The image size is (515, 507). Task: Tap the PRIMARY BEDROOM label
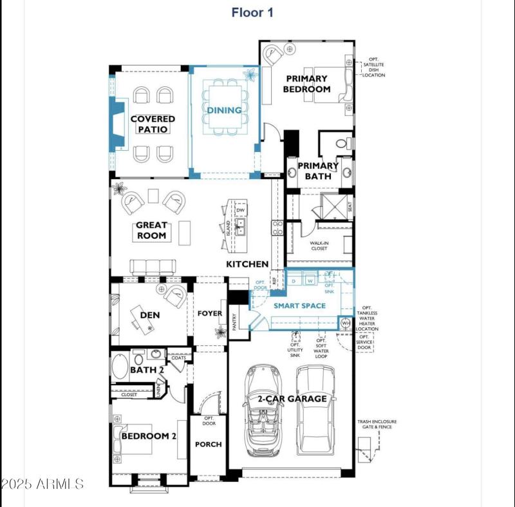click(x=307, y=84)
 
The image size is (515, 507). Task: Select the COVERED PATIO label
click(x=153, y=124)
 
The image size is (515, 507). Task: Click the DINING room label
click(x=224, y=110)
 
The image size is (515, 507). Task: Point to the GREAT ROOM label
click(x=151, y=231)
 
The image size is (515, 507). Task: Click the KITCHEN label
click(x=247, y=264)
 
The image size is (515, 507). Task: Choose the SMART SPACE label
click(x=299, y=305)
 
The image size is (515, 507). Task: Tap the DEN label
click(x=149, y=316)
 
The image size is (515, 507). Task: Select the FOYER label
click(x=210, y=314)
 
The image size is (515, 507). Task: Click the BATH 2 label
click(x=147, y=370)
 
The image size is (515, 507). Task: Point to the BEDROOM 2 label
click(x=149, y=436)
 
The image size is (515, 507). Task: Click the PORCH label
click(x=208, y=445)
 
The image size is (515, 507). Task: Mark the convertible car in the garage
click(x=263, y=409)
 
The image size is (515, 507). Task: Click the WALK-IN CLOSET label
click(x=319, y=245)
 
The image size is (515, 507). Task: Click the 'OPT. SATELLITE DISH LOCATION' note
click(x=373, y=66)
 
